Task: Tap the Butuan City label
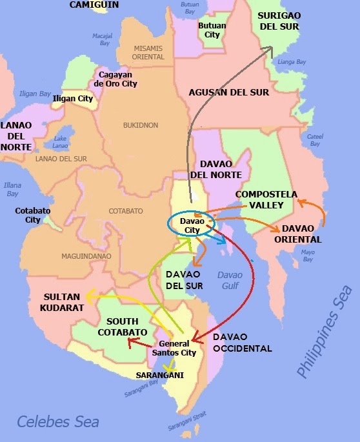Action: coord(212,30)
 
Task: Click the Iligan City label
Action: coord(72,99)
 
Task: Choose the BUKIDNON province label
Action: coord(141,125)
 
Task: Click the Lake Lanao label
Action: coord(61,142)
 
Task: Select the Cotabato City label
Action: coord(28,215)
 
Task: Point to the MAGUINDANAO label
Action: coord(86,256)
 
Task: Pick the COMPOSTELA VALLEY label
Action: coord(266,199)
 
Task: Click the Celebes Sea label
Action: coord(58,422)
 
